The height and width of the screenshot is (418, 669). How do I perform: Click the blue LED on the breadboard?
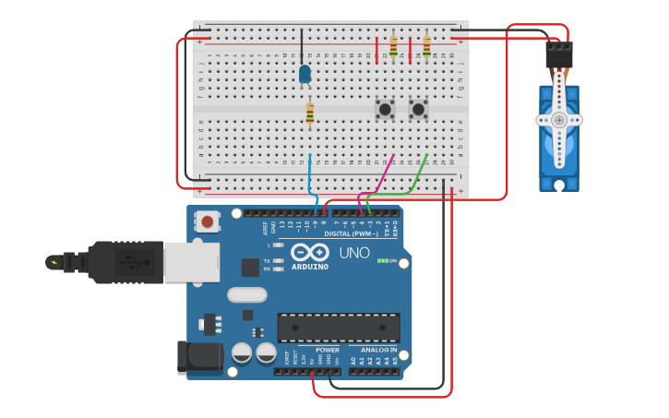coord(305,74)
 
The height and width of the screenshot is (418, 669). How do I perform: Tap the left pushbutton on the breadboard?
coord(385,109)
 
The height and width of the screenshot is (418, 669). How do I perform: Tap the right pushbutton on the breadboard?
coord(418,109)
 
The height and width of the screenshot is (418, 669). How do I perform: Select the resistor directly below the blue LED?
coord(310,113)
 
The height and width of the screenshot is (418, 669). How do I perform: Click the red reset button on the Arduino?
coord(209,221)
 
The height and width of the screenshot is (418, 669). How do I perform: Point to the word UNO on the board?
coord(353,252)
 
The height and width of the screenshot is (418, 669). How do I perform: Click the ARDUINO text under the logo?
coord(310,267)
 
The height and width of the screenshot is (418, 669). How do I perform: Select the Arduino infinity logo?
coord(310,252)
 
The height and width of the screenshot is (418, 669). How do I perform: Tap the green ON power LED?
coord(383,261)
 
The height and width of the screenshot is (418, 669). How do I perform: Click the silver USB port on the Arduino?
coord(191,261)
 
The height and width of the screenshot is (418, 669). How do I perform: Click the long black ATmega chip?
coord(339,328)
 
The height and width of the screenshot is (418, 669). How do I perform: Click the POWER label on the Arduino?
coord(327,350)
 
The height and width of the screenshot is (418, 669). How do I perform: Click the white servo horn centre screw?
coord(559,120)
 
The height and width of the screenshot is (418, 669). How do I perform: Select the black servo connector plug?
coord(558,54)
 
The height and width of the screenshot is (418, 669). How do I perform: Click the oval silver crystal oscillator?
coord(246,295)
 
